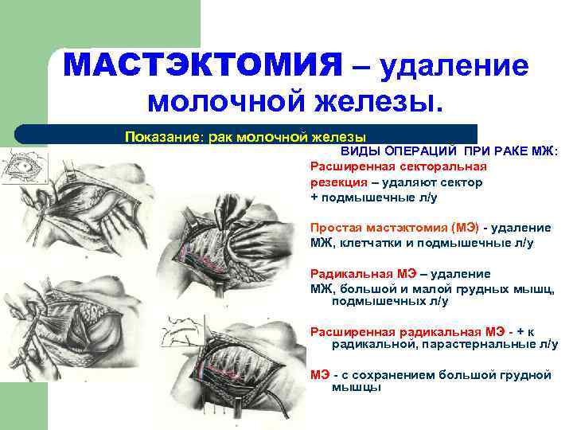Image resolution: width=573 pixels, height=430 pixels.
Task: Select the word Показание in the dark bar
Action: click(x=164, y=136)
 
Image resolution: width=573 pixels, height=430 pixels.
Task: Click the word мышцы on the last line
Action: click(x=350, y=388)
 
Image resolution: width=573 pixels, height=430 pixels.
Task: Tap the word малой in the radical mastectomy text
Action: click(x=421, y=287)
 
